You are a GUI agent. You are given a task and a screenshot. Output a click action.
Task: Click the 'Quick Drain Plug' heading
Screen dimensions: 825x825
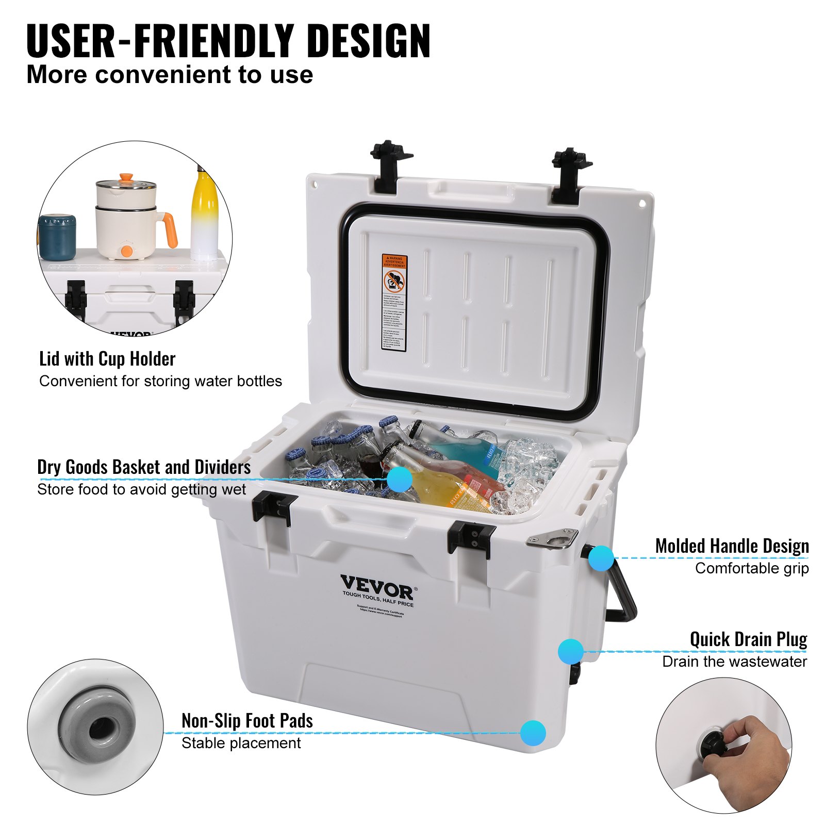coord(748,639)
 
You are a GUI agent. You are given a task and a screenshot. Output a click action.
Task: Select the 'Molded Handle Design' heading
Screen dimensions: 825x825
coord(732,546)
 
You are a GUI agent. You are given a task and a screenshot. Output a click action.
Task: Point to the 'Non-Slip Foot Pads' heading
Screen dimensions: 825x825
coord(247,720)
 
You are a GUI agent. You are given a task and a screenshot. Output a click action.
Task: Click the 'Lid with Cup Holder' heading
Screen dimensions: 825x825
coord(107,359)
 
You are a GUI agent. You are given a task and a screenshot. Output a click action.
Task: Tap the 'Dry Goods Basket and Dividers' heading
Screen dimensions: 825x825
coord(144,467)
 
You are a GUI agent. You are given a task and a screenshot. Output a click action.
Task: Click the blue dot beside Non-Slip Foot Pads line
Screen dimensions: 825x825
coord(533,733)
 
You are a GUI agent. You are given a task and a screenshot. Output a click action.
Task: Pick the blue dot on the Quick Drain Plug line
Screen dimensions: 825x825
coord(570,651)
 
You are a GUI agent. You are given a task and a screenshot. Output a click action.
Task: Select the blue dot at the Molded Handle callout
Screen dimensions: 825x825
coord(601,558)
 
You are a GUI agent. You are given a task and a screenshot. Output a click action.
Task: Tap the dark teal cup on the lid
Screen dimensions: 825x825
coord(57,237)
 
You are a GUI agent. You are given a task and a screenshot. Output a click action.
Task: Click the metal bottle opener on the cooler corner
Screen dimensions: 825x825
coord(552,538)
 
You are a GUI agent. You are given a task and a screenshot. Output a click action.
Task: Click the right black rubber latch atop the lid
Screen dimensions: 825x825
coord(571,175)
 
